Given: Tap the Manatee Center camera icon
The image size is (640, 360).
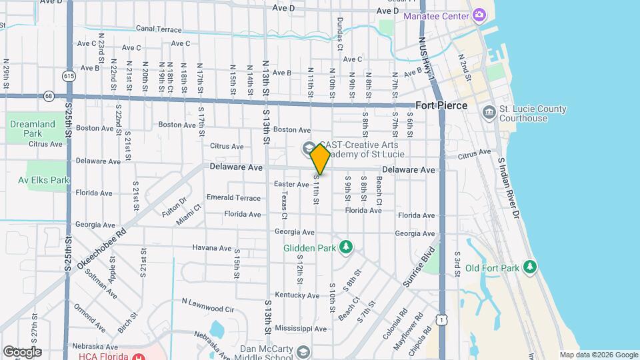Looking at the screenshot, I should [479, 15].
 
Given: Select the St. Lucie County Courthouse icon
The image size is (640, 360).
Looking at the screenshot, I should [489, 111].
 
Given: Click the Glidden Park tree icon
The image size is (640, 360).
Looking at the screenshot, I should [345, 248].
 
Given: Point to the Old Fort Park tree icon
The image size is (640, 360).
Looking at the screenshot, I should [530, 267].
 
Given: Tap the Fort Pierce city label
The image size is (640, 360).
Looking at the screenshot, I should [441, 106].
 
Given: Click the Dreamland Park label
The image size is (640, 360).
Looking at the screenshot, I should [33, 128].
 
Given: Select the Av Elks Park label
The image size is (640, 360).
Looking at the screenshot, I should [44, 180].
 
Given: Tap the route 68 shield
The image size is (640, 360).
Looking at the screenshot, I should [49, 97].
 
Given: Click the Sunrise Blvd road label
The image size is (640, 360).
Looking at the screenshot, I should [419, 267].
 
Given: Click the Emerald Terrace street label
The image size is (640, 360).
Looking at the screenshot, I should [233, 198].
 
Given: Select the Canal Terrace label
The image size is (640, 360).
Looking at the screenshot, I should [159, 29].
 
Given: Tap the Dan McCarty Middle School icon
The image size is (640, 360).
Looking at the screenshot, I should [303, 351].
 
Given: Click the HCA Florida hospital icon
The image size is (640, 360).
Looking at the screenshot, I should [139, 356].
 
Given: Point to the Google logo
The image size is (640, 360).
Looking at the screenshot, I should [22, 352].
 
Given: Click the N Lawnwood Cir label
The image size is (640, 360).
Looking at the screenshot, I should [208, 305].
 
